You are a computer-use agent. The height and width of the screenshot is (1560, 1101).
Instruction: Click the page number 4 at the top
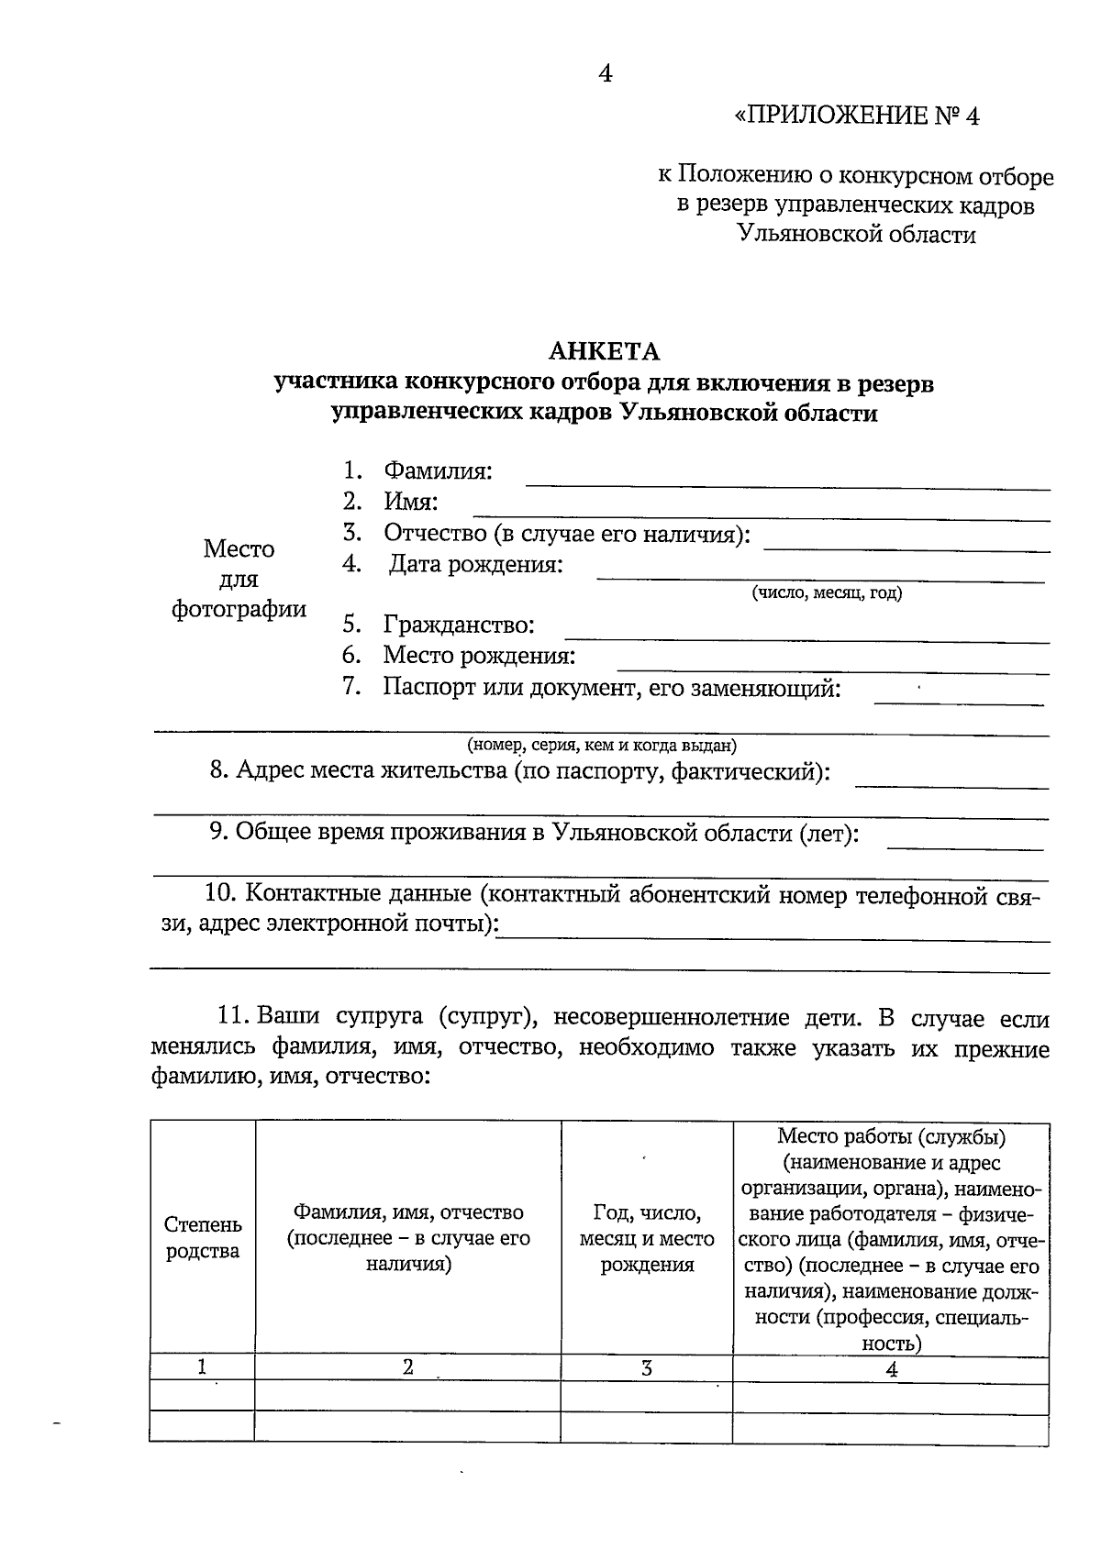(605, 73)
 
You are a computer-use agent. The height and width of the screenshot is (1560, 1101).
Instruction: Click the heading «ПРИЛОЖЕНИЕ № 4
(857, 116)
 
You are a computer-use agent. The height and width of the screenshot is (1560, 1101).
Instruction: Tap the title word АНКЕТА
(604, 351)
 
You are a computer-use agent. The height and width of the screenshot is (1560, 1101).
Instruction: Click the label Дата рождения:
(475, 564)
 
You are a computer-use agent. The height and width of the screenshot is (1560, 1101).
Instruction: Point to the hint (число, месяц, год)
(827, 592)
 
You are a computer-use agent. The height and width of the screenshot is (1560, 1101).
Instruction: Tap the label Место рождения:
(479, 656)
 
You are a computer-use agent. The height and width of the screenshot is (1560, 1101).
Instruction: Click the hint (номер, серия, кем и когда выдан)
(601, 745)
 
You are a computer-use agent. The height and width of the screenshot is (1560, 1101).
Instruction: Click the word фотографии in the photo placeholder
(239, 609)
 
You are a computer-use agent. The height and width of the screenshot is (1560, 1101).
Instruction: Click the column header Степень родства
(203, 1238)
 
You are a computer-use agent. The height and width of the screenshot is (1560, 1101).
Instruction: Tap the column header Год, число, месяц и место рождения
(647, 1239)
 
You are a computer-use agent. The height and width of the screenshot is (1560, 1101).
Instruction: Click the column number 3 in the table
(647, 1368)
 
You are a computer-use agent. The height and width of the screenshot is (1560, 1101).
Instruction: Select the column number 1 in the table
(202, 1367)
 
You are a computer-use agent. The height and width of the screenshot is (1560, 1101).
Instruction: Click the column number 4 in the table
(891, 1369)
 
